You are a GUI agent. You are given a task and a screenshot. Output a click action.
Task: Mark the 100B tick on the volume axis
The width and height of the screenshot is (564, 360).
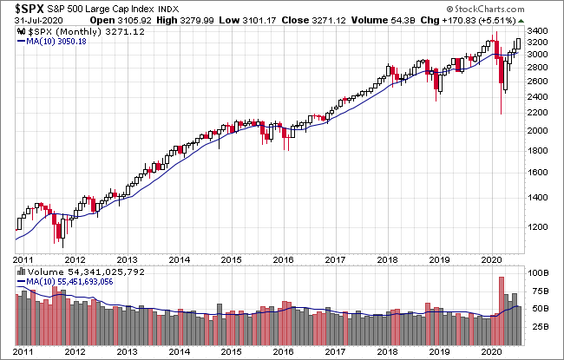click(539, 272)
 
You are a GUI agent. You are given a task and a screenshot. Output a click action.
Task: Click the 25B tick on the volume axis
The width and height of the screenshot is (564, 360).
click(539, 326)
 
